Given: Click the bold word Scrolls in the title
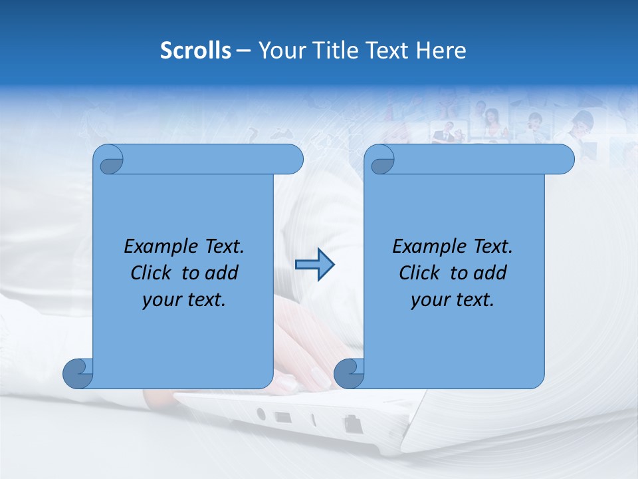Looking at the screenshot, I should [x=195, y=51].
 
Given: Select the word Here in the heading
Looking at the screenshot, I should [x=441, y=51].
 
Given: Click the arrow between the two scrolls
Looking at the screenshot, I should [x=314, y=265].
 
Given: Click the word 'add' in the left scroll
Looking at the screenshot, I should [x=222, y=273].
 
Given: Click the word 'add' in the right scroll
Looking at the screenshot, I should [x=490, y=273].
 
